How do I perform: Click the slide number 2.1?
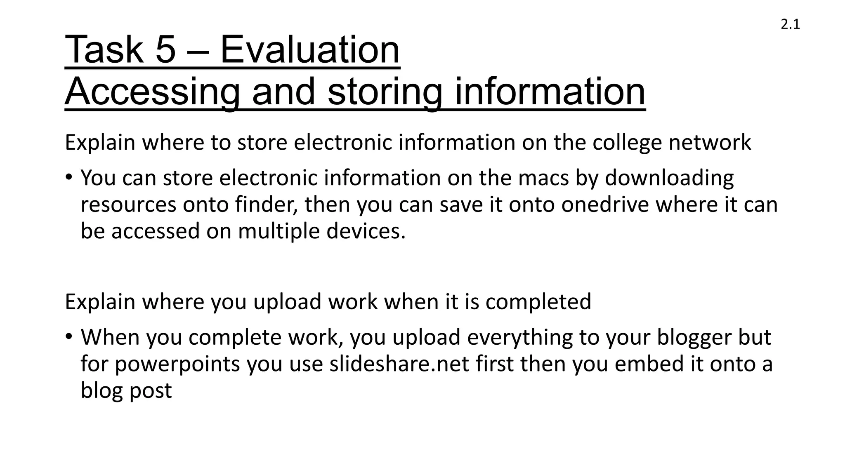[x=790, y=25]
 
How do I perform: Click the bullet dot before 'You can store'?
[x=68, y=178]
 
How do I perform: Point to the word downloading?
[x=669, y=178]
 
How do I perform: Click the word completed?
[x=538, y=302]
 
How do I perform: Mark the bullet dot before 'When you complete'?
[x=68, y=337]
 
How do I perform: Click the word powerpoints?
[x=177, y=364]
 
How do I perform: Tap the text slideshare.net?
[x=399, y=364]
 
